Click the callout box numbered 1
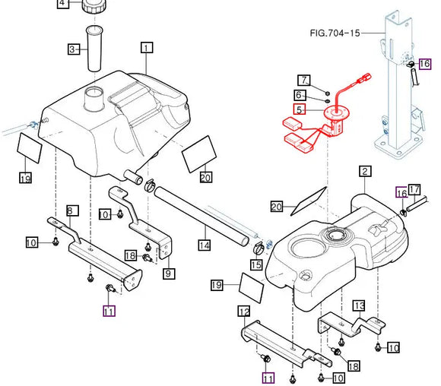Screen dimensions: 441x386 coord(147,48)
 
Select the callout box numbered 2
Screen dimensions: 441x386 coord(365,171)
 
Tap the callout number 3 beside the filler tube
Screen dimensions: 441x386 coord(74,49)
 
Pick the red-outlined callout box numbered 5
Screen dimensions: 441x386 coord(300,109)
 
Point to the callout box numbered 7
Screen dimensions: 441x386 coord(304,80)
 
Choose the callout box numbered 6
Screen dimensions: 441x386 coord(300,95)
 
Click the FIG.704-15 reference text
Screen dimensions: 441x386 coord(335,33)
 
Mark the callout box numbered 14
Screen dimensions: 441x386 coord(205,245)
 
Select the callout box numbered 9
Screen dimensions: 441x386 coord(169,274)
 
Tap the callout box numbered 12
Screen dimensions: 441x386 coord(244,311)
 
